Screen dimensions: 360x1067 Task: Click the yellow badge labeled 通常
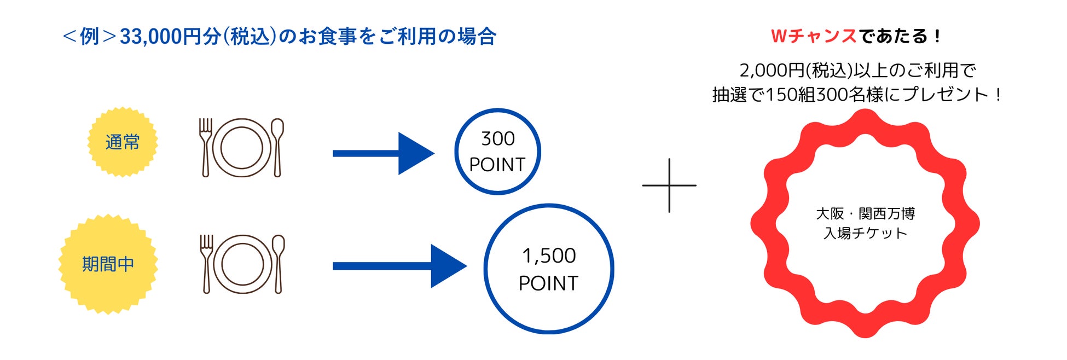point(123,142)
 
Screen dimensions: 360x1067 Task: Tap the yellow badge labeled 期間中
point(108,264)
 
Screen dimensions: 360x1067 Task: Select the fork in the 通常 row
point(206,148)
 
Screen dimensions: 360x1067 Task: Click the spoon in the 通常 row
point(277,148)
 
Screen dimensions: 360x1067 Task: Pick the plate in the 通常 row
point(241,148)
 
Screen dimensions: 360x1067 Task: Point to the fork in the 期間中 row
point(206,264)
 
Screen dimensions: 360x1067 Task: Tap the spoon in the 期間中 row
point(278,264)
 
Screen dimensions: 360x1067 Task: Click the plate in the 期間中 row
point(242,264)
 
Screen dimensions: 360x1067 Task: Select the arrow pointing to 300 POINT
point(383,153)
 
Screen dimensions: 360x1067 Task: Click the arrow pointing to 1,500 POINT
point(399,266)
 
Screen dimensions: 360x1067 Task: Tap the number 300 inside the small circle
point(498,139)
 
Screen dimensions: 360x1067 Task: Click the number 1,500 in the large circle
point(549,256)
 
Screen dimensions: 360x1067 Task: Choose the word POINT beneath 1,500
point(548,283)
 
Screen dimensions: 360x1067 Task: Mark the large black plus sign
point(669,185)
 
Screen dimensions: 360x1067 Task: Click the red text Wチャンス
point(814,37)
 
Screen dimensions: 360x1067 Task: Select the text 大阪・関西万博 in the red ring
point(865,213)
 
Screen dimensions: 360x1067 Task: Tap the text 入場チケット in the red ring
point(865,234)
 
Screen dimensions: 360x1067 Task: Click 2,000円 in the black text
point(772,71)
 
